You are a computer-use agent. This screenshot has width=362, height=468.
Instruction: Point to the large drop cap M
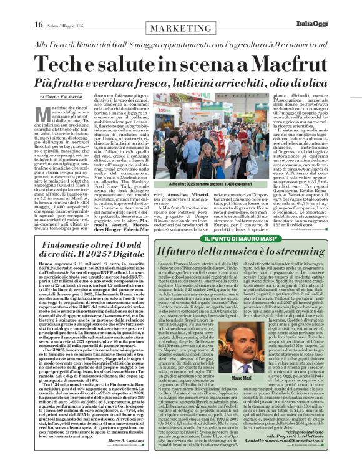tap(44, 115)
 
